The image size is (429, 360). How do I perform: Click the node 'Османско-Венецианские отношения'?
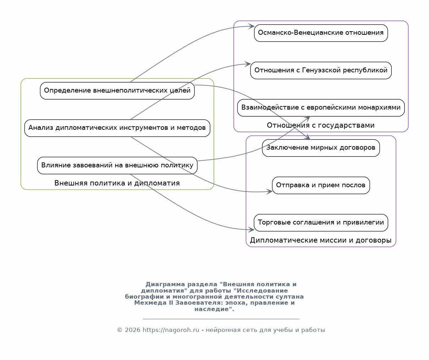pos(321,33)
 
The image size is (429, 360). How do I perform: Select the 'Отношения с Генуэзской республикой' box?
pos(321,71)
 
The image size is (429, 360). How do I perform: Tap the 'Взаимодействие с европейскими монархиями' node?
pos(321,108)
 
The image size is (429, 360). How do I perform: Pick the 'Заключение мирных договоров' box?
pos(321,148)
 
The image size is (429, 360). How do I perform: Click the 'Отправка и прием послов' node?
pos(321,185)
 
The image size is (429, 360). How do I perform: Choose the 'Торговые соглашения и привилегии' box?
pos(321,223)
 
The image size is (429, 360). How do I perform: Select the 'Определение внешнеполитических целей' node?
pos(117,91)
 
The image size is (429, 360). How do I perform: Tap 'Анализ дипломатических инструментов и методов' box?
pos(117,128)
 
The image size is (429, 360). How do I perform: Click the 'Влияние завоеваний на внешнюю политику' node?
pos(117,166)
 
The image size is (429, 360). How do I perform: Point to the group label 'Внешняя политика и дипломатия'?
pos(117,183)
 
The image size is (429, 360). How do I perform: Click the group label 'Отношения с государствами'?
pos(321,125)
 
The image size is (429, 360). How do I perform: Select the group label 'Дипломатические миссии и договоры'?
pos(321,240)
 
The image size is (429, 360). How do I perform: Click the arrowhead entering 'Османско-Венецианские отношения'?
pos(252,26)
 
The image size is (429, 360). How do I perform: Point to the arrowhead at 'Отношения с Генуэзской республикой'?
pos(248,64)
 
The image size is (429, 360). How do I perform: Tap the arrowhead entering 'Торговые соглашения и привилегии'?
pos(252,229)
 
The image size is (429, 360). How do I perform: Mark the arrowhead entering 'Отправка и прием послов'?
pos(270,192)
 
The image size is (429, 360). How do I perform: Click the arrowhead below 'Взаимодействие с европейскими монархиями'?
pos(308,118)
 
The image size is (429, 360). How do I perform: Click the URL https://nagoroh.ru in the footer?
pos(171,330)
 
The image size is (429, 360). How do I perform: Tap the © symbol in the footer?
pos(120,330)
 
